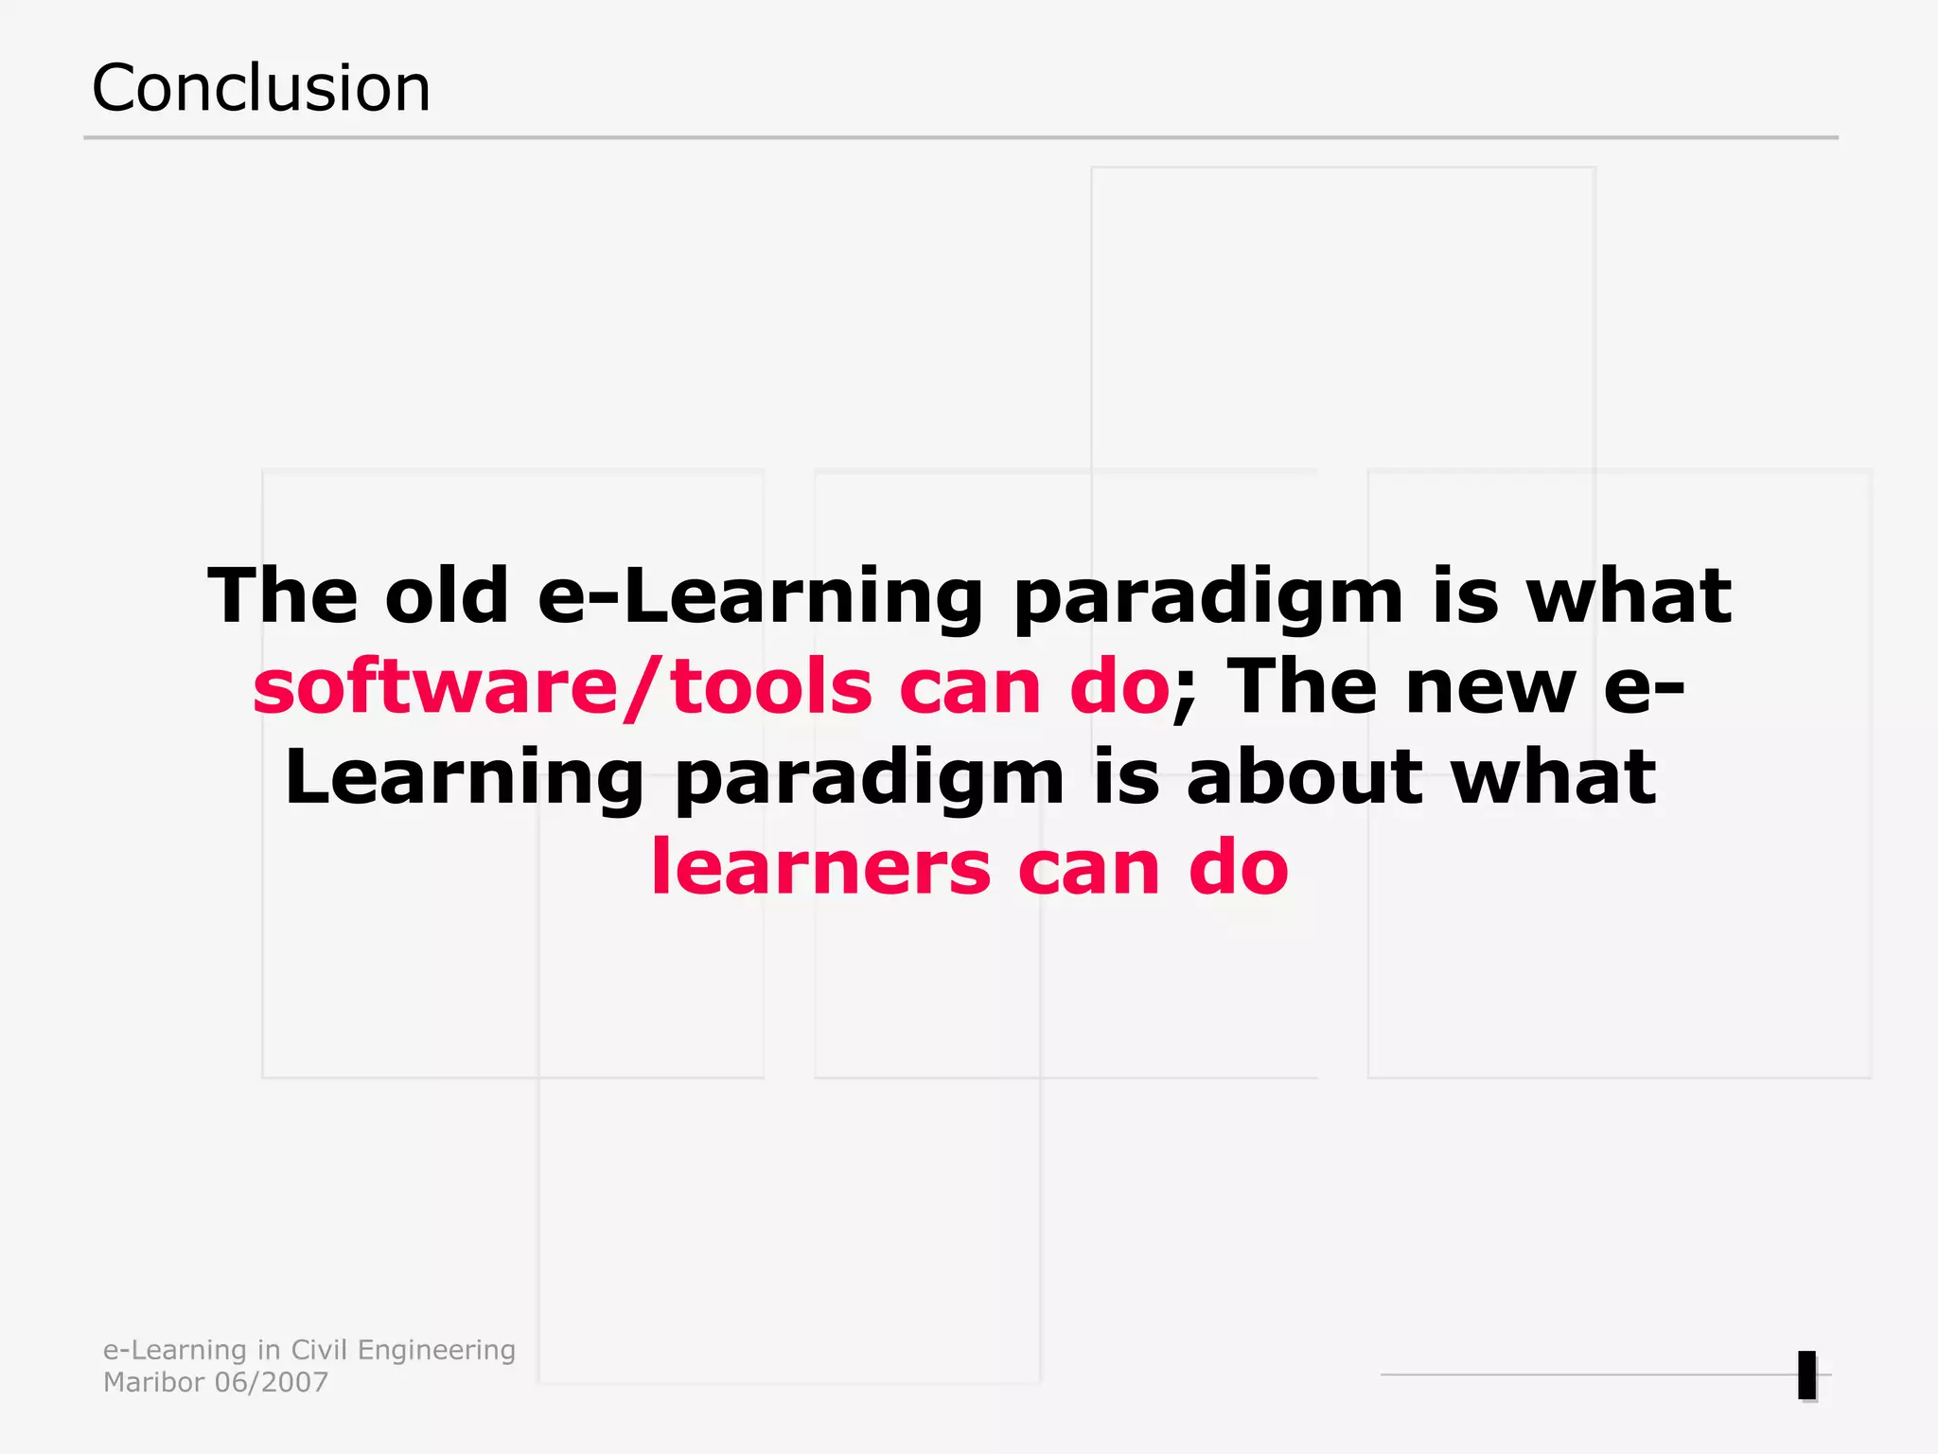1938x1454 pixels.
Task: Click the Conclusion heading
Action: coord(260,88)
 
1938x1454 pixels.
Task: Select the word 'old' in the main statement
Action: coord(447,596)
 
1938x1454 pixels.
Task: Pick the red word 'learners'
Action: coord(820,867)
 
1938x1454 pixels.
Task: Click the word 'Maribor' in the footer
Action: coord(153,1383)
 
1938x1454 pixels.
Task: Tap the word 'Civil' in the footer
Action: coord(319,1350)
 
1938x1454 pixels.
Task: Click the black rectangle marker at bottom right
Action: coord(1806,1375)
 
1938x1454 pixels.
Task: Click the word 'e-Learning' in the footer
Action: coord(175,1351)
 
